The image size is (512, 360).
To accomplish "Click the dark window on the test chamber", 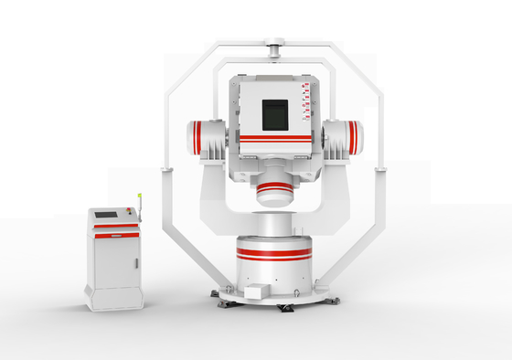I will (x=276, y=114).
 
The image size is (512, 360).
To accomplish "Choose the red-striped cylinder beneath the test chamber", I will (x=274, y=193).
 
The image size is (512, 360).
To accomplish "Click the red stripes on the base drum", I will (x=273, y=250).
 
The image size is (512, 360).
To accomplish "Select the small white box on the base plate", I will (x=255, y=291).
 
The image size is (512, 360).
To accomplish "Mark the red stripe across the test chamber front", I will (x=275, y=138).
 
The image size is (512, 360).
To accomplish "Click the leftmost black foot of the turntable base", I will (x=216, y=294).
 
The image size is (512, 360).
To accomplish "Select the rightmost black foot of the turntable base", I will (x=338, y=295).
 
